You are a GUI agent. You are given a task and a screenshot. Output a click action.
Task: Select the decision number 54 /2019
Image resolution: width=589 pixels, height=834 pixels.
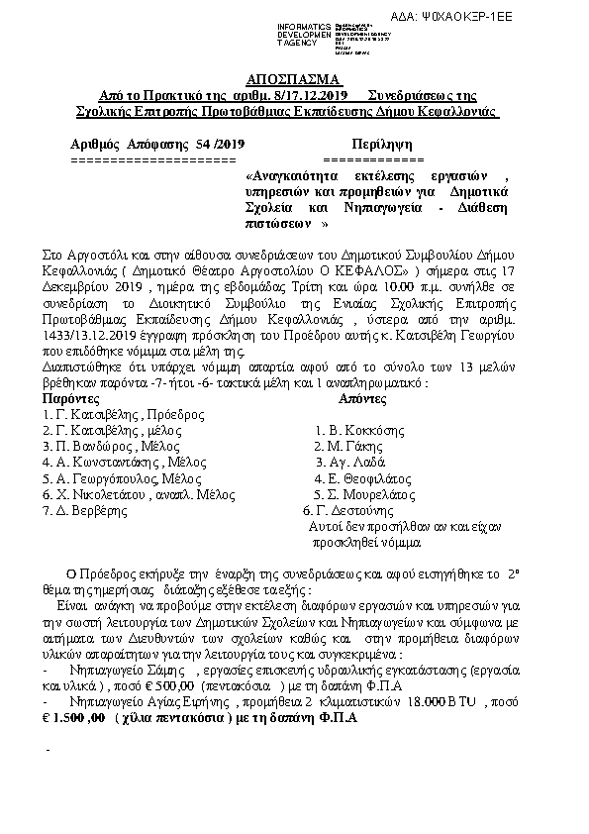(215, 145)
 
